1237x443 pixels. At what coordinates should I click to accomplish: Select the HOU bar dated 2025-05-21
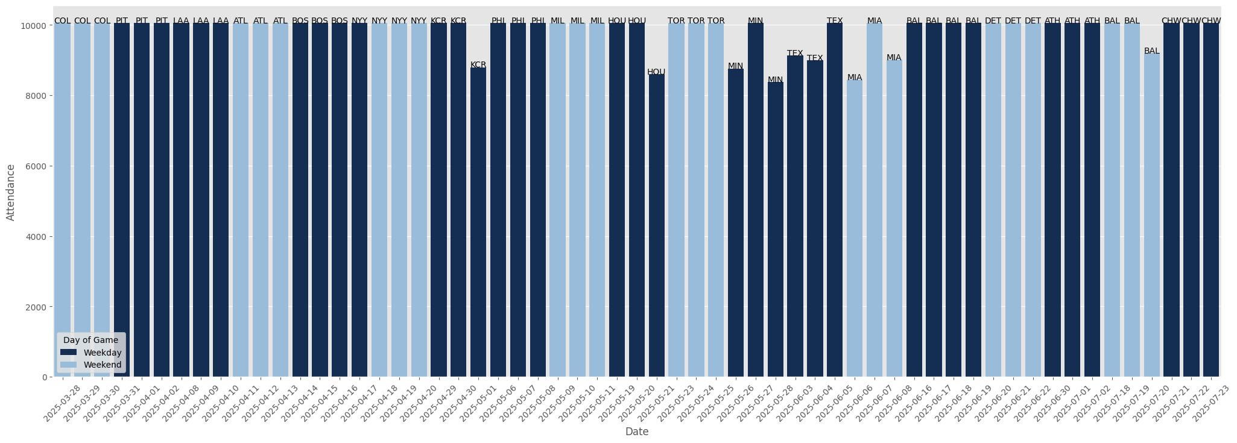pos(656,225)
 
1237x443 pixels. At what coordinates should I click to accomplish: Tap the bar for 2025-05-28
pos(775,229)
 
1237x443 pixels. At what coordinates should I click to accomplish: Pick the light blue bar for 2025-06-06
pos(855,228)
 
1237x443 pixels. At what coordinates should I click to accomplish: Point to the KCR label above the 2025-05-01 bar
pos(478,64)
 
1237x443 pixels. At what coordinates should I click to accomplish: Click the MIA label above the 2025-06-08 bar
pos(894,58)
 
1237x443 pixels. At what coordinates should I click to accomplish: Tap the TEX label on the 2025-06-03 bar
pos(795,53)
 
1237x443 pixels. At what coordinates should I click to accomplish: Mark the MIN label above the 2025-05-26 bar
pos(735,66)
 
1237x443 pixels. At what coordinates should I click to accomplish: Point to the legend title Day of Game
pos(90,340)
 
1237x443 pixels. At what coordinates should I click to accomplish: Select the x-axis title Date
pos(637,432)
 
